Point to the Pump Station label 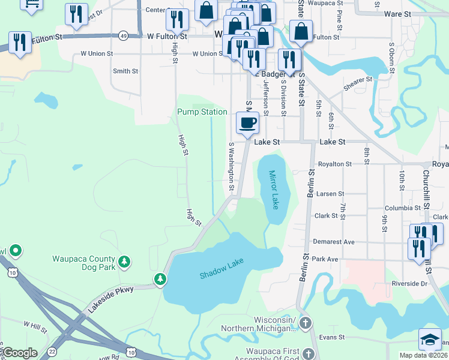202,112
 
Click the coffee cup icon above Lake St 247,123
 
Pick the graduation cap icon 430,338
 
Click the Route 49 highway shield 123,36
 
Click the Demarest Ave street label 333,242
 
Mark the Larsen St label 330,194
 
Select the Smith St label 125,71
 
